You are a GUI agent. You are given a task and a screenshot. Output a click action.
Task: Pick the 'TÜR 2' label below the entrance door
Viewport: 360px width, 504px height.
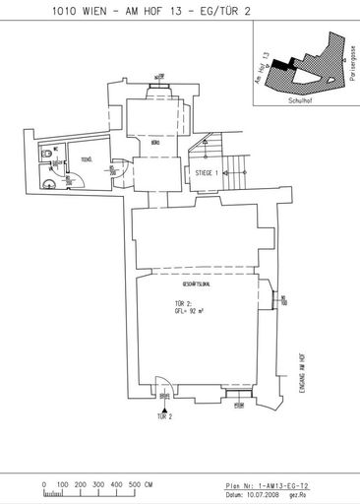[163, 418]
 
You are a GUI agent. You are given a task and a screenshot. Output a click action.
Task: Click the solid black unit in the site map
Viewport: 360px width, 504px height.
[285, 63]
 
